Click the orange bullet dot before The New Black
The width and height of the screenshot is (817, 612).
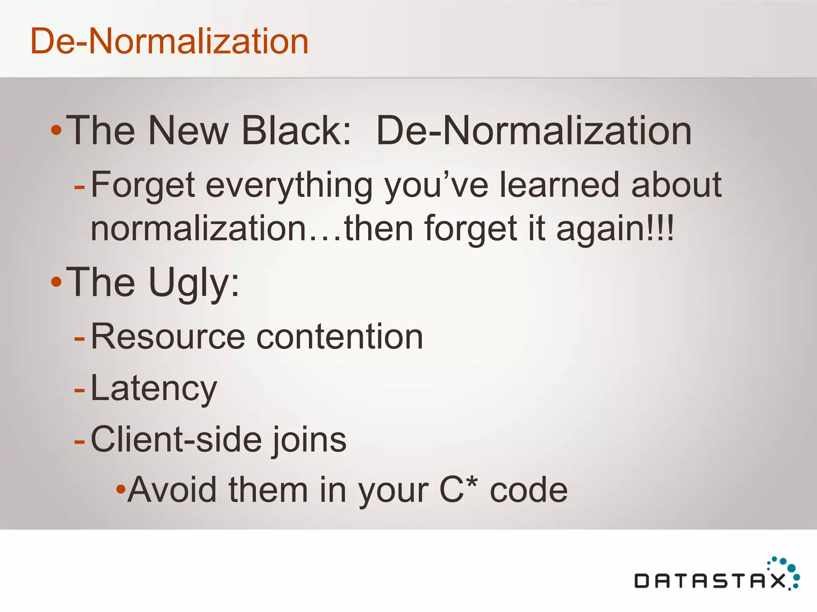tap(56, 130)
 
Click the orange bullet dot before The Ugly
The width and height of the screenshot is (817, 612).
tap(56, 282)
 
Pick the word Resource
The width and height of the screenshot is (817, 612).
tap(168, 337)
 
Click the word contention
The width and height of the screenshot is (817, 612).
tap(339, 337)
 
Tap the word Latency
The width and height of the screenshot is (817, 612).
tap(154, 388)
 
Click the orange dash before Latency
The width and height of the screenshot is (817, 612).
tap(79, 390)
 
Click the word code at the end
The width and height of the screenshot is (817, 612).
tap(528, 490)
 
